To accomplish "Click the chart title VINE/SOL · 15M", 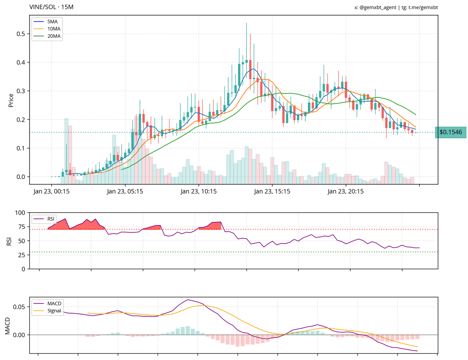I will [x=51, y=7].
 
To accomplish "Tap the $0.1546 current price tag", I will [x=450, y=132].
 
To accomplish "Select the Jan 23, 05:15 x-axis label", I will [x=125, y=192].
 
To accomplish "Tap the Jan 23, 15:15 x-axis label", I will [x=272, y=192].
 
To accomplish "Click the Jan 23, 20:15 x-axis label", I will [x=346, y=192].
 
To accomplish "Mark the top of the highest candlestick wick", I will [x=246, y=23].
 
